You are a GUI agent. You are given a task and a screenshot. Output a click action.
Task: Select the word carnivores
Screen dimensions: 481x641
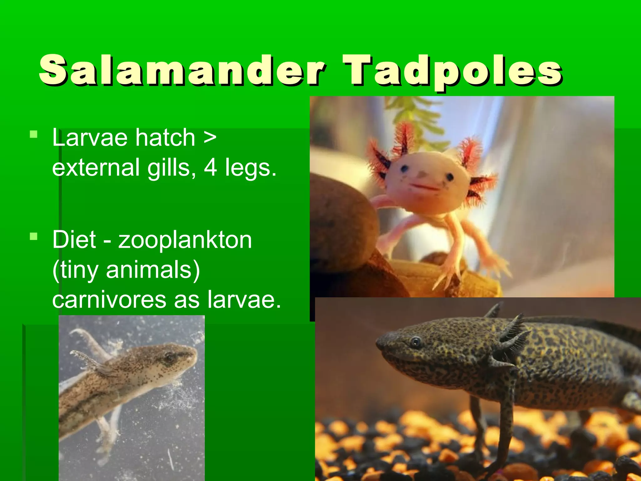[110, 300]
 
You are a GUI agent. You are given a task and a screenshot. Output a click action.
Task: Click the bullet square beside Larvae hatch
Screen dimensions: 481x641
[33, 135]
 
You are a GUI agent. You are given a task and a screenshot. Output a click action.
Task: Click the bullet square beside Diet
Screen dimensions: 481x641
[33, 236]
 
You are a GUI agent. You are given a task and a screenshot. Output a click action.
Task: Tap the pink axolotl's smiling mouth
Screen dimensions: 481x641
[424, 187]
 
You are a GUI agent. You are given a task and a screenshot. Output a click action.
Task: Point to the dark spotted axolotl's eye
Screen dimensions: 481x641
[415, 342]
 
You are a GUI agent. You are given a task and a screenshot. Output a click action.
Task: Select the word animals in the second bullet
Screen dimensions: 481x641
[153, 270]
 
